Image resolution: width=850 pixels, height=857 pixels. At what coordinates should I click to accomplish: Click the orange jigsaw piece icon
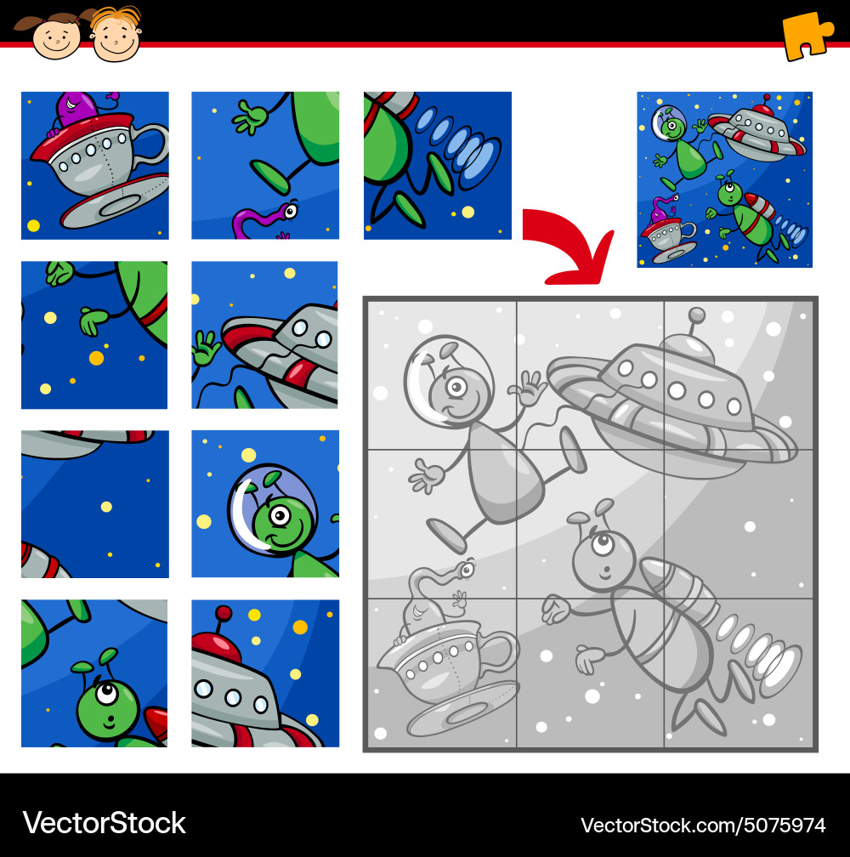[807, 35]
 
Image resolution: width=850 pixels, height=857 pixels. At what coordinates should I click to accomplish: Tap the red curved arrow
[568, 247]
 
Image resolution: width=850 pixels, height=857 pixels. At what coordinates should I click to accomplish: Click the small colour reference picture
[724, 179]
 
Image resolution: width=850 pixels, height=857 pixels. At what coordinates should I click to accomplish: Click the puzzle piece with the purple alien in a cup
[94, 166]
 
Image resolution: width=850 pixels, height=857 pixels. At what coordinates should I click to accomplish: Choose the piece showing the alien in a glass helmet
[265, 504]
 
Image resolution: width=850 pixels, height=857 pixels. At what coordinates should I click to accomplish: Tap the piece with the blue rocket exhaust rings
[438, 166]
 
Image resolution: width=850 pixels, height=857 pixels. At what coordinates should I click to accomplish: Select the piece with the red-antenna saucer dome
[265, 673]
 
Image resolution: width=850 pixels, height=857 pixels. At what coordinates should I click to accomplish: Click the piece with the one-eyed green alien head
[94, 673]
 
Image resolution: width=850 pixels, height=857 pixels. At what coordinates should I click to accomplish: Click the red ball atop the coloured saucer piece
[224, 613]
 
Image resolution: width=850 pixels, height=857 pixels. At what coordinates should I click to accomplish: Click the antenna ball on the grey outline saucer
[697, 315]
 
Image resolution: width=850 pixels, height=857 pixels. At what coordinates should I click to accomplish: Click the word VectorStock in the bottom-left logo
[104, 822]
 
